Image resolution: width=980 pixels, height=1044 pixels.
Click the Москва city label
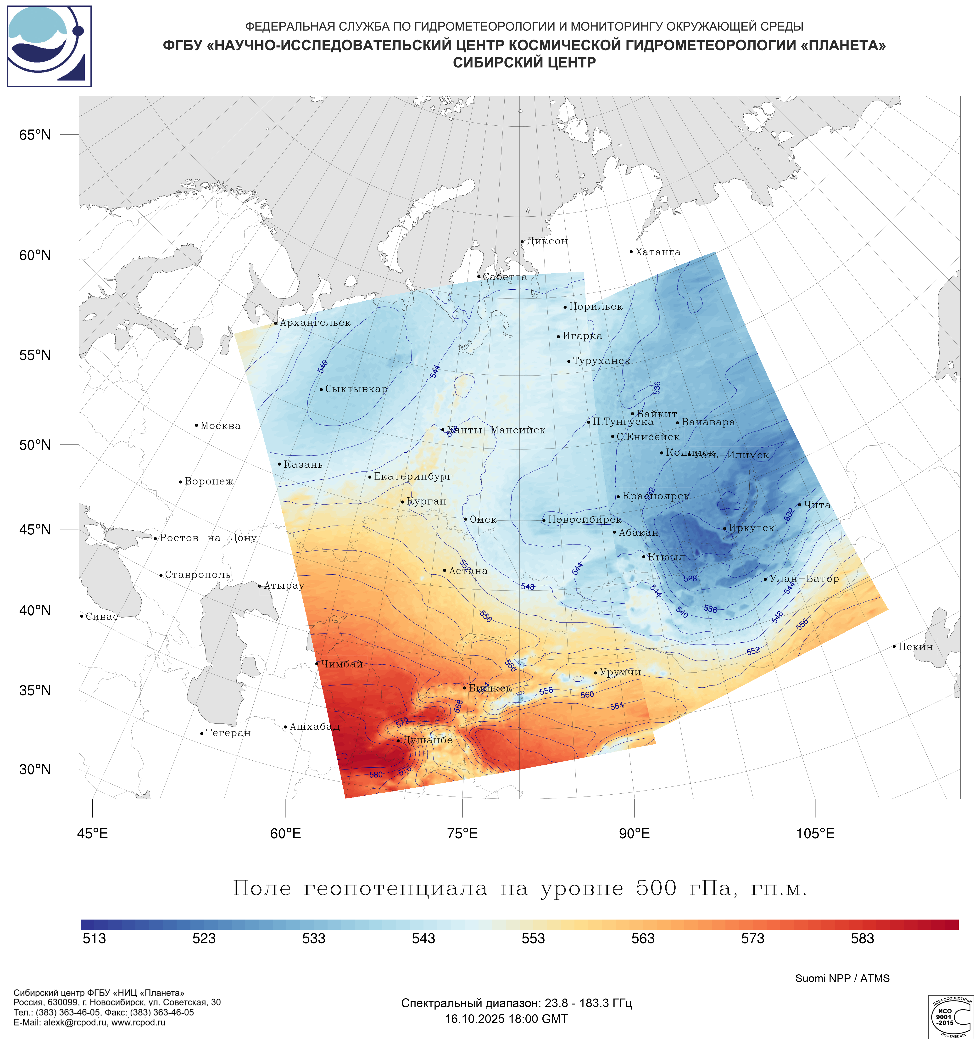(220, 426)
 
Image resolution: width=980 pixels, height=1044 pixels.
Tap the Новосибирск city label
(585, 520)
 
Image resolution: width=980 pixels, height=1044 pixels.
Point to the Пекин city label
(915, 647)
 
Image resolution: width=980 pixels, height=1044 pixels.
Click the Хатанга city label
(658, 253)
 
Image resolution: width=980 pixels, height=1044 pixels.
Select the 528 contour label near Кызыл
(690, 579)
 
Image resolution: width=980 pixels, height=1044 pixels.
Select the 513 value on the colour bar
(95, 938)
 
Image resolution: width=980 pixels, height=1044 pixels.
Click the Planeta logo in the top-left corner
(49, 46)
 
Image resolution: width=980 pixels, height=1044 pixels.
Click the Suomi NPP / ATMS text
(842, 978)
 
